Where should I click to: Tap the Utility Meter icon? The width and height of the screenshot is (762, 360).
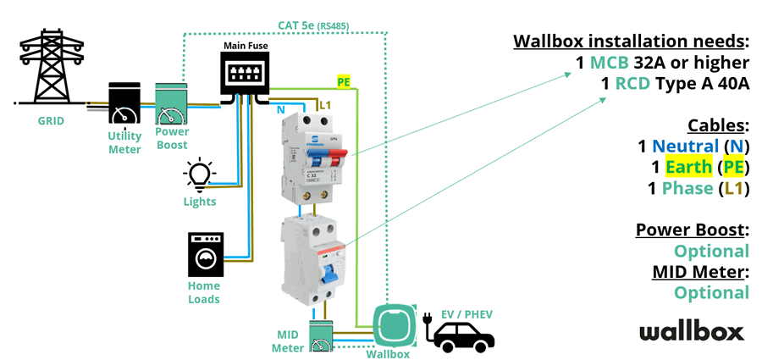[124, 107]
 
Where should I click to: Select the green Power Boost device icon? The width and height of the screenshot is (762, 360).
[172, 105]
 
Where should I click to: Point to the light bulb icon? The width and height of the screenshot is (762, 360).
[199, 175]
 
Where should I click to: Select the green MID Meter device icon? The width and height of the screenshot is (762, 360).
[322, 336]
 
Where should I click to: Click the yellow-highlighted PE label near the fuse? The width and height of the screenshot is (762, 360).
[344, 82]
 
